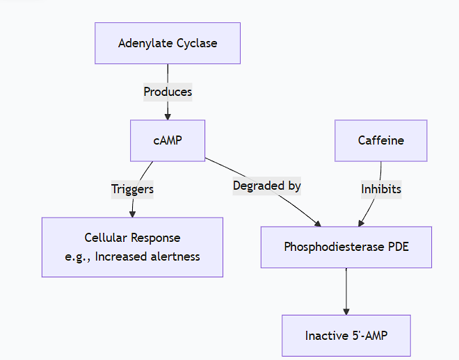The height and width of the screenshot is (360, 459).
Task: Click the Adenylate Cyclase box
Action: (x=168, y=43)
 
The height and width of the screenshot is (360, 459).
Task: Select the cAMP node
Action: (x=168, y=140)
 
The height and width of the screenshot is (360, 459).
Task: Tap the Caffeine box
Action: (x=380, y=140)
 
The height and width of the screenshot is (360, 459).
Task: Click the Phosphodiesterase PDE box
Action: (x=346, y=247)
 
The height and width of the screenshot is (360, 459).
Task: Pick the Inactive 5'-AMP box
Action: (x=346, y=336)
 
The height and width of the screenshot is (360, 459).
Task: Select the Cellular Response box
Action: (x=132, y=247)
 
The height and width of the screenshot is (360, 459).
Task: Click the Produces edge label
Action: (x=168, y=92)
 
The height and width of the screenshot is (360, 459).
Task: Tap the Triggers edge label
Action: (x=132, y=189)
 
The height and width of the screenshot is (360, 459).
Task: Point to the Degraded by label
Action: (x=266, y=186)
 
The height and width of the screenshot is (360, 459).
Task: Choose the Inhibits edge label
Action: (x=380, y=189)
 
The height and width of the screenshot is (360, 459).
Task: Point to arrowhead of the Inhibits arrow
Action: (x=361, y=223)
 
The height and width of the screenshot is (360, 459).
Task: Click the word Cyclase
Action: (x=197, y=43)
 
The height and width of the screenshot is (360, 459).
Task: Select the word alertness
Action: (x=171, y=256)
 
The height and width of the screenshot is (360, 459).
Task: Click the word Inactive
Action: (x=325, y=336)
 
